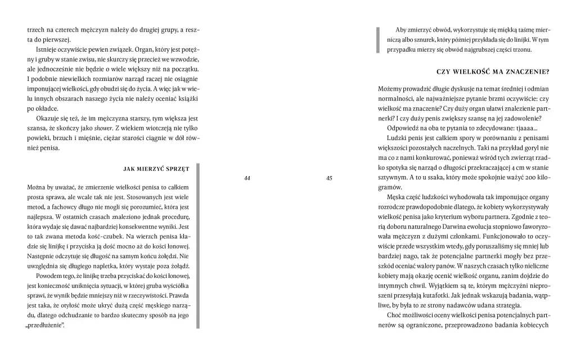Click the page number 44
(x=247, y=178)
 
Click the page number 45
(x=329, y=178)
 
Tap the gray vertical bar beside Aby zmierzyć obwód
(x=378, y=40)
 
